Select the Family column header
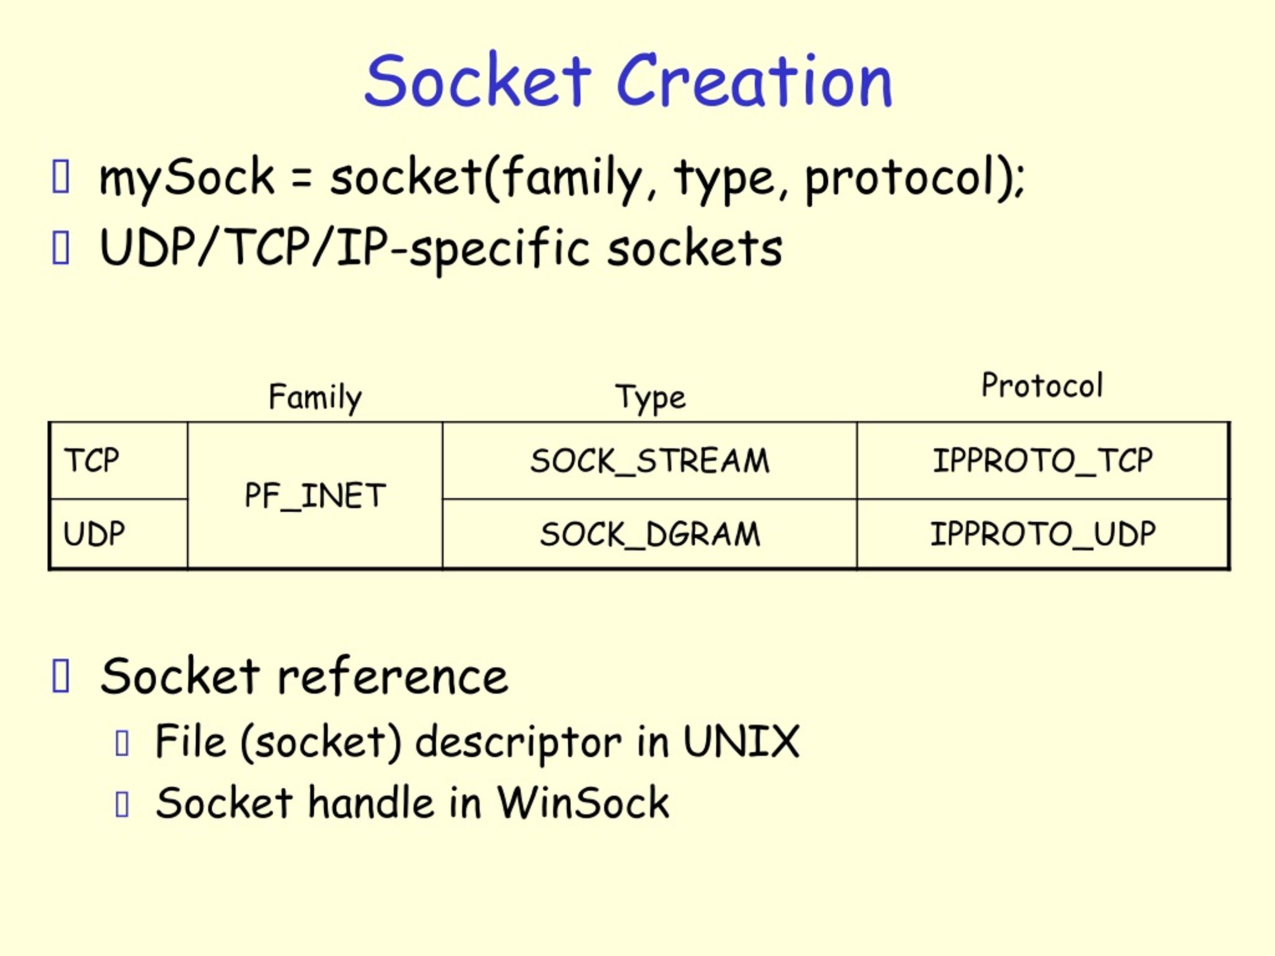tap(315, 397)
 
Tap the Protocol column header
tap(1042, 385)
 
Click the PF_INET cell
tap(315, 495)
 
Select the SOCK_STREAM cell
tap(649, 461)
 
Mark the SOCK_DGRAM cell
tap(650, 534)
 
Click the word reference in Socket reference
tap(392, 677)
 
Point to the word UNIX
tap(741, 741)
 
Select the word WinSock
tap(583, 803)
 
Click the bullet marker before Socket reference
tap(61, 677)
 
